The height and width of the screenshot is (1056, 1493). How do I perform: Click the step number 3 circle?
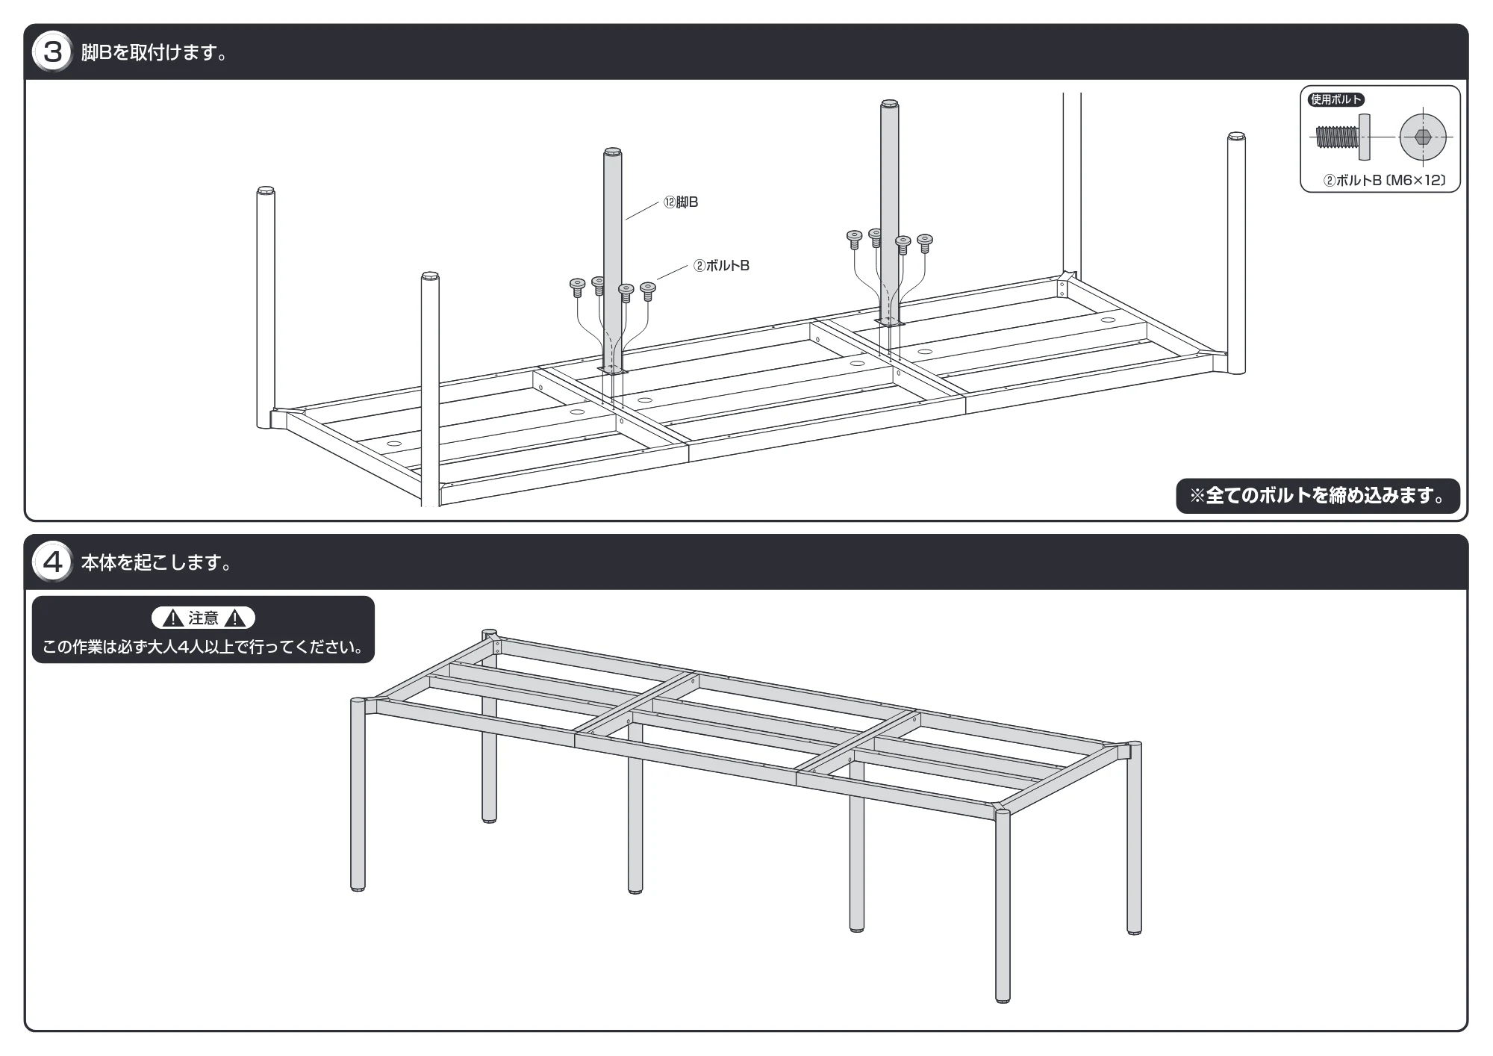click(52, 52)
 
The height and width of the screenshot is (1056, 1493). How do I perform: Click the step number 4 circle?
click(52, 562)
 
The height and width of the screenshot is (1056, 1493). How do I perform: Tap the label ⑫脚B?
click(681, 202)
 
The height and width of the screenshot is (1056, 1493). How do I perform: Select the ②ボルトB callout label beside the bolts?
click(721, 266)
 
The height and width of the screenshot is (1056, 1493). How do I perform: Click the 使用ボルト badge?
click(1336, 99)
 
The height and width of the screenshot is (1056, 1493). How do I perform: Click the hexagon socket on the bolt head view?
click(1423, 137)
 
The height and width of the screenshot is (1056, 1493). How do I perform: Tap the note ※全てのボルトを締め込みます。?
click(1318, 496)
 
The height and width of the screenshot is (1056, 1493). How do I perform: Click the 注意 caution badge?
click(203, 618)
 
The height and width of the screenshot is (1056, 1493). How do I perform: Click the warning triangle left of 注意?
click(172, 618)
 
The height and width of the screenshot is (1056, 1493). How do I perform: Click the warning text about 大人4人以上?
click(203, 647)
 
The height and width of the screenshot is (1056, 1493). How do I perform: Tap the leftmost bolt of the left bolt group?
click(577, 288)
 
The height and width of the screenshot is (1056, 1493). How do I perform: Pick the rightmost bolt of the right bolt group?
click(925, 243)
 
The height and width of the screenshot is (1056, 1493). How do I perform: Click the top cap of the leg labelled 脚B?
click(612, 152)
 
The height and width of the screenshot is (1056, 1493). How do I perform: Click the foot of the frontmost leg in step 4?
click(1003, 998)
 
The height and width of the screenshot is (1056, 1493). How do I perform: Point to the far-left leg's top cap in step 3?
click(265, 190)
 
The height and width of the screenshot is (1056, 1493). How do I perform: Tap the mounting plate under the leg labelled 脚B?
click(613, 370)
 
